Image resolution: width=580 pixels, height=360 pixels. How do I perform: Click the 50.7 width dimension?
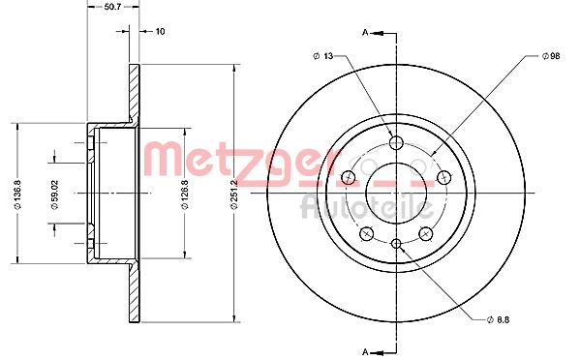(x=112, y=7)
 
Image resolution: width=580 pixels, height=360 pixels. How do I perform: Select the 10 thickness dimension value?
(x=160, y=31)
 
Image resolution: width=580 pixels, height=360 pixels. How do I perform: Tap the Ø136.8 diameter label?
(x=17, y=195)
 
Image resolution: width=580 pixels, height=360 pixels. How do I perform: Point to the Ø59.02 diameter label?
(x=55, y=195)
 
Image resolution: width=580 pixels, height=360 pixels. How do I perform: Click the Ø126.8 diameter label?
(x=185, y=195)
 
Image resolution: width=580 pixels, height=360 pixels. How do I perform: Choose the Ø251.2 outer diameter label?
(x=233, y=195)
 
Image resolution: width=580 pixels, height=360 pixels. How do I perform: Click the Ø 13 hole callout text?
(x=322, y=56)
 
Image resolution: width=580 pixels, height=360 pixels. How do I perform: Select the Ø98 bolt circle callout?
(x=551, y=56)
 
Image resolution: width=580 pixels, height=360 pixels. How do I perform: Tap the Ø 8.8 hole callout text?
(x=499, y=319)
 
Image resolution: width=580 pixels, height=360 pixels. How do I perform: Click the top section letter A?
(x=365, y=33)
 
